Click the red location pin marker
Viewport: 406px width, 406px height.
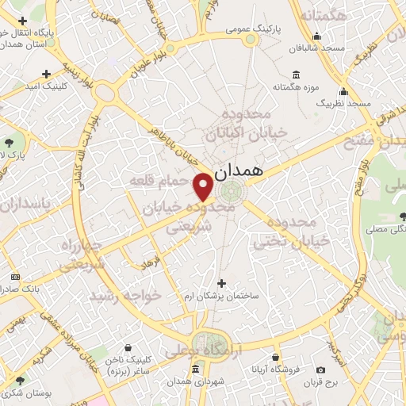click(203, 186)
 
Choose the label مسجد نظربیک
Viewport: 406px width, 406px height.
click(343, 104)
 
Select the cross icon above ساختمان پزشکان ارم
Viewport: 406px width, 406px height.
click(221, 283)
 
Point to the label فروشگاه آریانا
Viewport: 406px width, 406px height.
click(274, 370)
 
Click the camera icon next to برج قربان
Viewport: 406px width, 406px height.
click(320, 370)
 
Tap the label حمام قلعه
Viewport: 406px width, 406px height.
click(158, 181)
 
